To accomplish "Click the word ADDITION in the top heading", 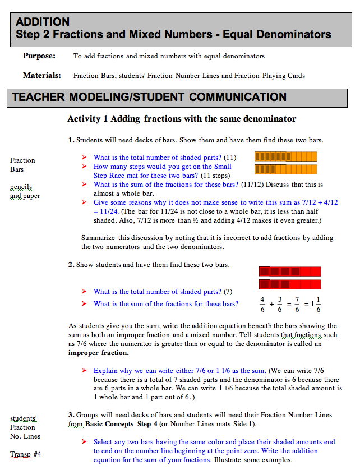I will (43, 22).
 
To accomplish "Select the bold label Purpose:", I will (39, 56).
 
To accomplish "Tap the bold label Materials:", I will (41, 75).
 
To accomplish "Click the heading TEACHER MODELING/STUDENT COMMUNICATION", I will (149, 97).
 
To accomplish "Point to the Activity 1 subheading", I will (182, 119).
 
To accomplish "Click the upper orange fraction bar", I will (286, 156).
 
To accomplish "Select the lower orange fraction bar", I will (286, 169).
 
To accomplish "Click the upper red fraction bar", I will (290, 271).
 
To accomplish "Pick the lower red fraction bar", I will (290, 284).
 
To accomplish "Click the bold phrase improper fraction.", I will (98, 353).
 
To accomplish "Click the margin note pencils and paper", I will (23, 191).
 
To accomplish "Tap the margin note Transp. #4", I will (25, 454).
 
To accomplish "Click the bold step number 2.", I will (71, 265).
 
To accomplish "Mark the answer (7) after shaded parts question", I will (228, 292).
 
